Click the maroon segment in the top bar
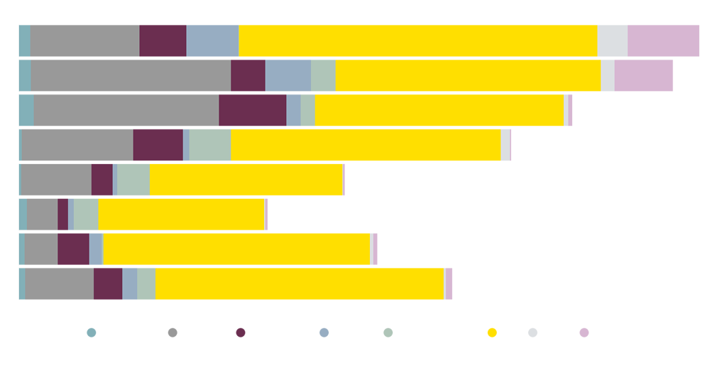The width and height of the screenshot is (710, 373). (163, 39)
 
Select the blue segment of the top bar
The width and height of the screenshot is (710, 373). (212, 39)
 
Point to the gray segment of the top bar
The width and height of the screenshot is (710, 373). (84, 39)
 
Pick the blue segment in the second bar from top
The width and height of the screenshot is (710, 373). (288, 74)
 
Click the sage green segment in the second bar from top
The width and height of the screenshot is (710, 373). (323, 74)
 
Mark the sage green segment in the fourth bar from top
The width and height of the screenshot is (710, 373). (210, 144)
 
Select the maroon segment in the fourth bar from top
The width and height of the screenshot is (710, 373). (158, 144)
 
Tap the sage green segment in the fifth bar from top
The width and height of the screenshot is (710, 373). (133, 179)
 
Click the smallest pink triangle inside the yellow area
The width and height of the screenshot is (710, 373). (273, 214)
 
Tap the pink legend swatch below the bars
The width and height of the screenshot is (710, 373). (584, 334)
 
